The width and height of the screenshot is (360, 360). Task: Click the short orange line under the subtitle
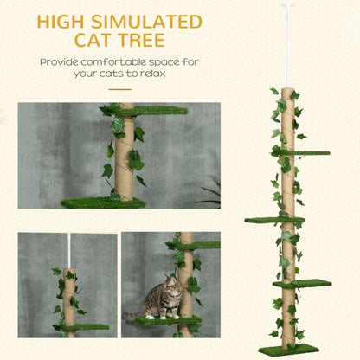point(119,89)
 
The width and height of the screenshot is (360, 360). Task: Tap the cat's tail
point(130,317)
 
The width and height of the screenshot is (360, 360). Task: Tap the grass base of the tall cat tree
point(287,349)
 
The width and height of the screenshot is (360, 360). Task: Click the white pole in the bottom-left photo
point(67,251)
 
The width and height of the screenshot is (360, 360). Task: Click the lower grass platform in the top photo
point(101,202)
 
